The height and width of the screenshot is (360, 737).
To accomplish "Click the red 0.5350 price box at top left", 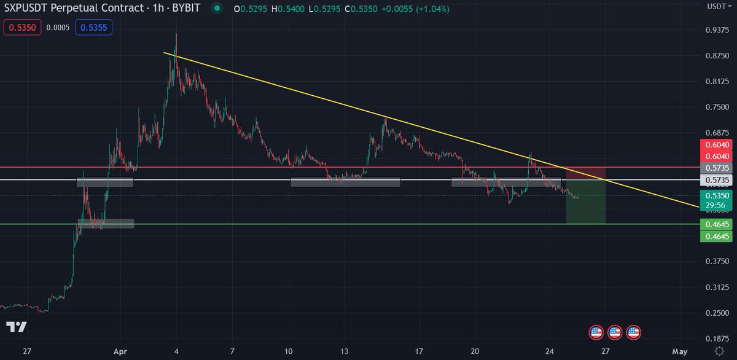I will coord(22,28).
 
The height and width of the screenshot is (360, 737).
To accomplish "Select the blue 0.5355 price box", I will coord(93,28).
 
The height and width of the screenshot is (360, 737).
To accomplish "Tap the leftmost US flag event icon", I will coord(596,333).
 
